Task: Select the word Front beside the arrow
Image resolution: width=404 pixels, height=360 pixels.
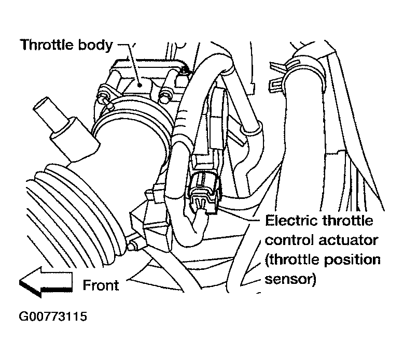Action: pyautogui.click(x=101, y=284)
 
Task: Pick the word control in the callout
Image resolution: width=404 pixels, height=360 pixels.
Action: pyautogui.click(x=290, y=240)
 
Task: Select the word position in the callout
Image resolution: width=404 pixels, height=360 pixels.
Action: pyautogui.click(x=353, y=260)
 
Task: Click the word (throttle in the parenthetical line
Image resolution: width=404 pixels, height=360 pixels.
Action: pyautogui.click(x=291, y=260)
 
